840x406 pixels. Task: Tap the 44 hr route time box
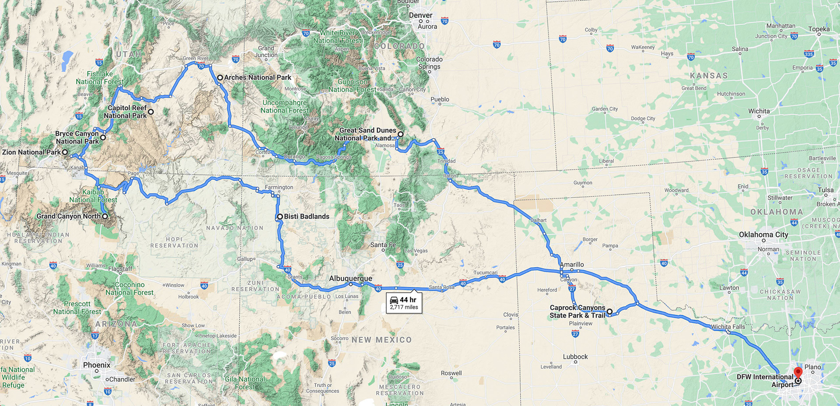point(404,303)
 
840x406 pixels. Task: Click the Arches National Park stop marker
point(220,77)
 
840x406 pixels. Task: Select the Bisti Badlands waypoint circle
point(280,217)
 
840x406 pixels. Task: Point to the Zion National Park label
point(31,152)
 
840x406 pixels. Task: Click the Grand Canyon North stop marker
point(105,216)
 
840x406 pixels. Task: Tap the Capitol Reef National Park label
point(126,112)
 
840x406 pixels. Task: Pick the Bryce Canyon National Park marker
point(103,137)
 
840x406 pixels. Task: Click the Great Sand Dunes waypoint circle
point(400,134)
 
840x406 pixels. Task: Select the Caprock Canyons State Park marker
point(609,311)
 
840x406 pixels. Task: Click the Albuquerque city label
point(350,278)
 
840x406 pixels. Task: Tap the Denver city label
point(420,15)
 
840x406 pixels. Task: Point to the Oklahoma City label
point(763,234)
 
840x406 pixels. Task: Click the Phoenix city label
point(97,365)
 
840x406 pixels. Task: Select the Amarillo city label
point(572,264)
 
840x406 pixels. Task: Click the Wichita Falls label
point(728,326)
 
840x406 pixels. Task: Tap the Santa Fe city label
point(383,245)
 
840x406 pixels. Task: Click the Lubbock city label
point(575,357)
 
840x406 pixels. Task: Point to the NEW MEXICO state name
point(381,340)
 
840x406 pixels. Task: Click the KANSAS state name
point(709,76)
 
